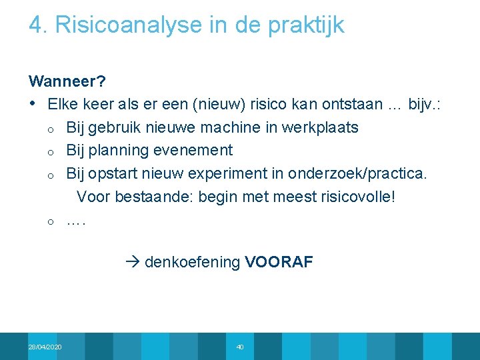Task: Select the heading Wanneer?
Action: [67, 81]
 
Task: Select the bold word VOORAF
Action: [278, 262]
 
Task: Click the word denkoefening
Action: [192, 262]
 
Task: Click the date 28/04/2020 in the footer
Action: [45, 347]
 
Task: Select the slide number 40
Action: [240, 347]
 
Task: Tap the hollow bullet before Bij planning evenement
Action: [50, 151]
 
